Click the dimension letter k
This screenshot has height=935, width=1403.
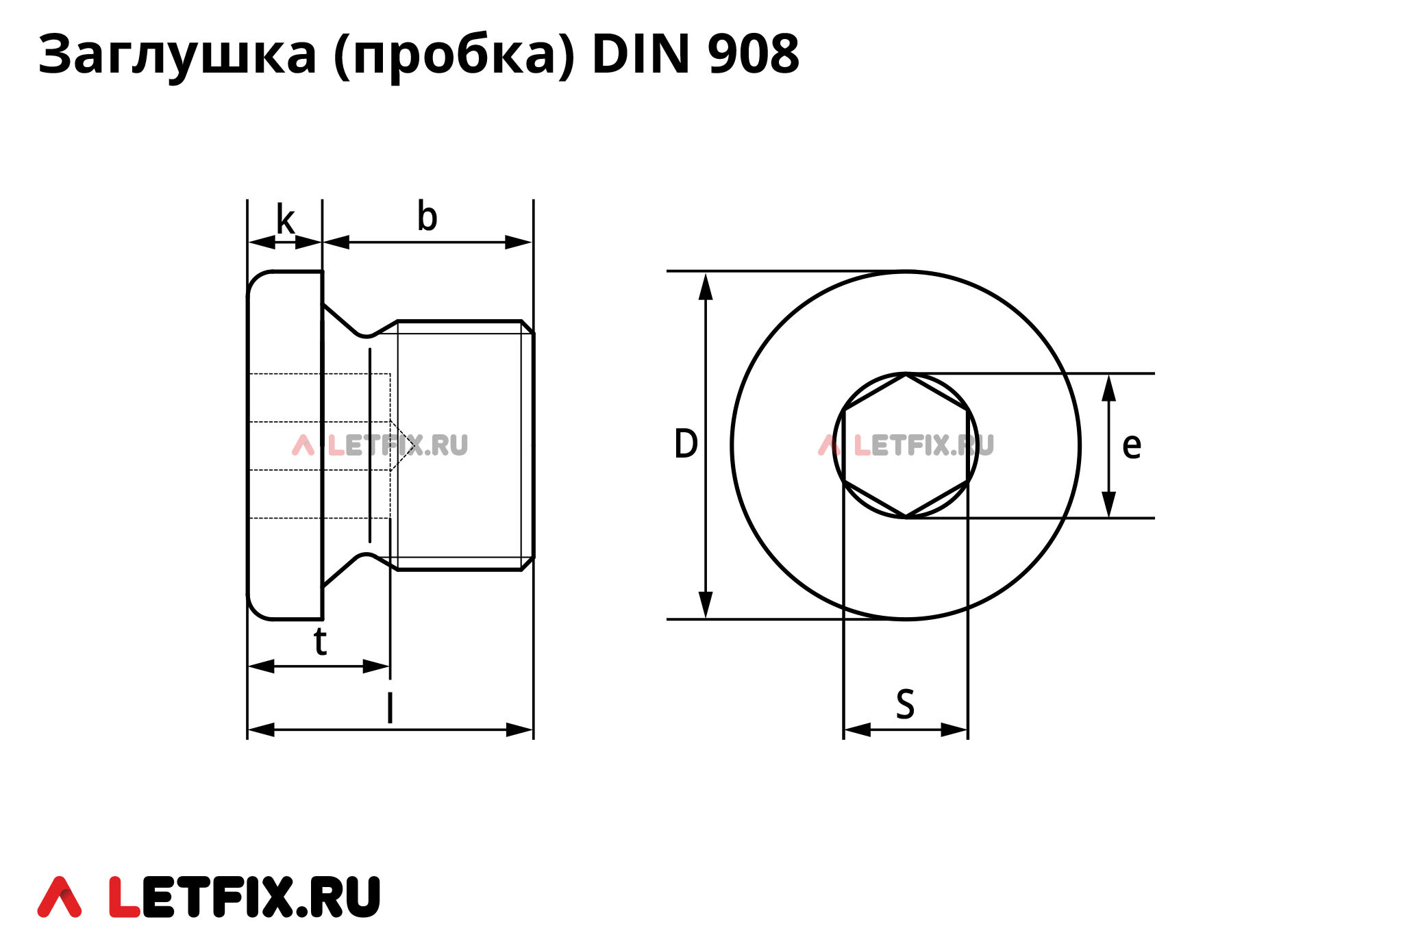click(x=285, y=221)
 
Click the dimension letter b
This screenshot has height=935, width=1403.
click(x=427, y=217)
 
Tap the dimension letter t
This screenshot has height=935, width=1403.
click(x=320, y=643)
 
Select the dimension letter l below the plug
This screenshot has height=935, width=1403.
click(x=390, y=708)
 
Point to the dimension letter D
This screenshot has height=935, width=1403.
click(x=686, y=444)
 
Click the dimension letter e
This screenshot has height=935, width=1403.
click(x=1131, y=446)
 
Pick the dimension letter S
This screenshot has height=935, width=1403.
click(x=905, y=704)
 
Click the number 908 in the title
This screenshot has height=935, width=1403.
click(x=753, y=54)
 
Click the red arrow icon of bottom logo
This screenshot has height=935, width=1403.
click(x=60, y=897)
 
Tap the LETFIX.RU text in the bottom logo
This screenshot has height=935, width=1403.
click(x=245, y=897)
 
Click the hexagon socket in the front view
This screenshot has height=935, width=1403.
click(x=906, y=445)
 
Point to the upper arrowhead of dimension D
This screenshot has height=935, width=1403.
click(x=706, y=286)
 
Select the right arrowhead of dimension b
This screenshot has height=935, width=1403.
click(x=519, y=242)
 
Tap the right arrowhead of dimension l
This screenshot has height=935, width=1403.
click(x=519, y=730)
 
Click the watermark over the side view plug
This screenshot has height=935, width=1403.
click(x=380, y=446)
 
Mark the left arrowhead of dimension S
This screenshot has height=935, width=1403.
click(x=857, y=730)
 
